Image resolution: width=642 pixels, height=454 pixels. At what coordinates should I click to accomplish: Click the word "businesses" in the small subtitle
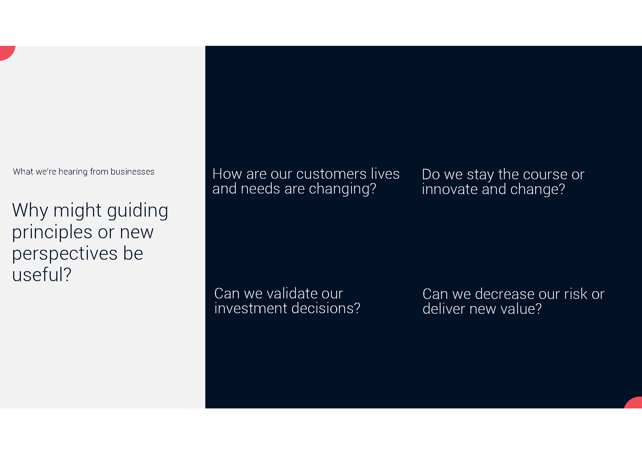[x=132, y=172]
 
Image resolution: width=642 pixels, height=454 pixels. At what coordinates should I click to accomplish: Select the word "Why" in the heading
[x=30, y=211]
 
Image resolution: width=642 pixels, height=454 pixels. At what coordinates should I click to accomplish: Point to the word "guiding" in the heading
[x=138, y=211]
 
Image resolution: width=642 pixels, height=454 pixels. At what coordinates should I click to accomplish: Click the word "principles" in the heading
[x=52, y=232]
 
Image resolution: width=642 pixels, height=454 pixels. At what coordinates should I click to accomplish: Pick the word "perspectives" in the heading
[x=65, y=254]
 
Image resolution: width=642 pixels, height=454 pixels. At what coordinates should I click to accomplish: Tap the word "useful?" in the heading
[x=42, y=274]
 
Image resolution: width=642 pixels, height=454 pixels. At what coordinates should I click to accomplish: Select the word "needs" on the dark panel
[x=260, y=189]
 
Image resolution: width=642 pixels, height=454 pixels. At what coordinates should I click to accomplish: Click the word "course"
[x=545, y=175]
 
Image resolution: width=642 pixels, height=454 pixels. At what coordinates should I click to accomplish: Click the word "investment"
[x=251, y=308]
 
